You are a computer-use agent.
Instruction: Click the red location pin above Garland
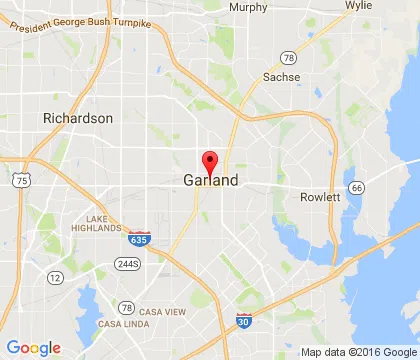[210, 162]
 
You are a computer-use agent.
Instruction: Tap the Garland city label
[211, 181]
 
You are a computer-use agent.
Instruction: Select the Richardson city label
[78, 118]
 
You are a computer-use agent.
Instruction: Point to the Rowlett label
[320, 197]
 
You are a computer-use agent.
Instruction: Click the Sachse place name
[281, 76]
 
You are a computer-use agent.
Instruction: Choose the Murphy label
[248, 7]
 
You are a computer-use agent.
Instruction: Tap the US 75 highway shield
[22, 181]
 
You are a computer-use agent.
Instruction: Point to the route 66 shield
[355, 187]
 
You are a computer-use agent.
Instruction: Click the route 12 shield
[55, 277]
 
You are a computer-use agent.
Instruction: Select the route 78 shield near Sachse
[288, 57]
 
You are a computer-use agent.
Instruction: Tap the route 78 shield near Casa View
[127, 307]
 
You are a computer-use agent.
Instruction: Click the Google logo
[33, 347]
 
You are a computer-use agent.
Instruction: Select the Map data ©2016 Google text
[358, 352]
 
